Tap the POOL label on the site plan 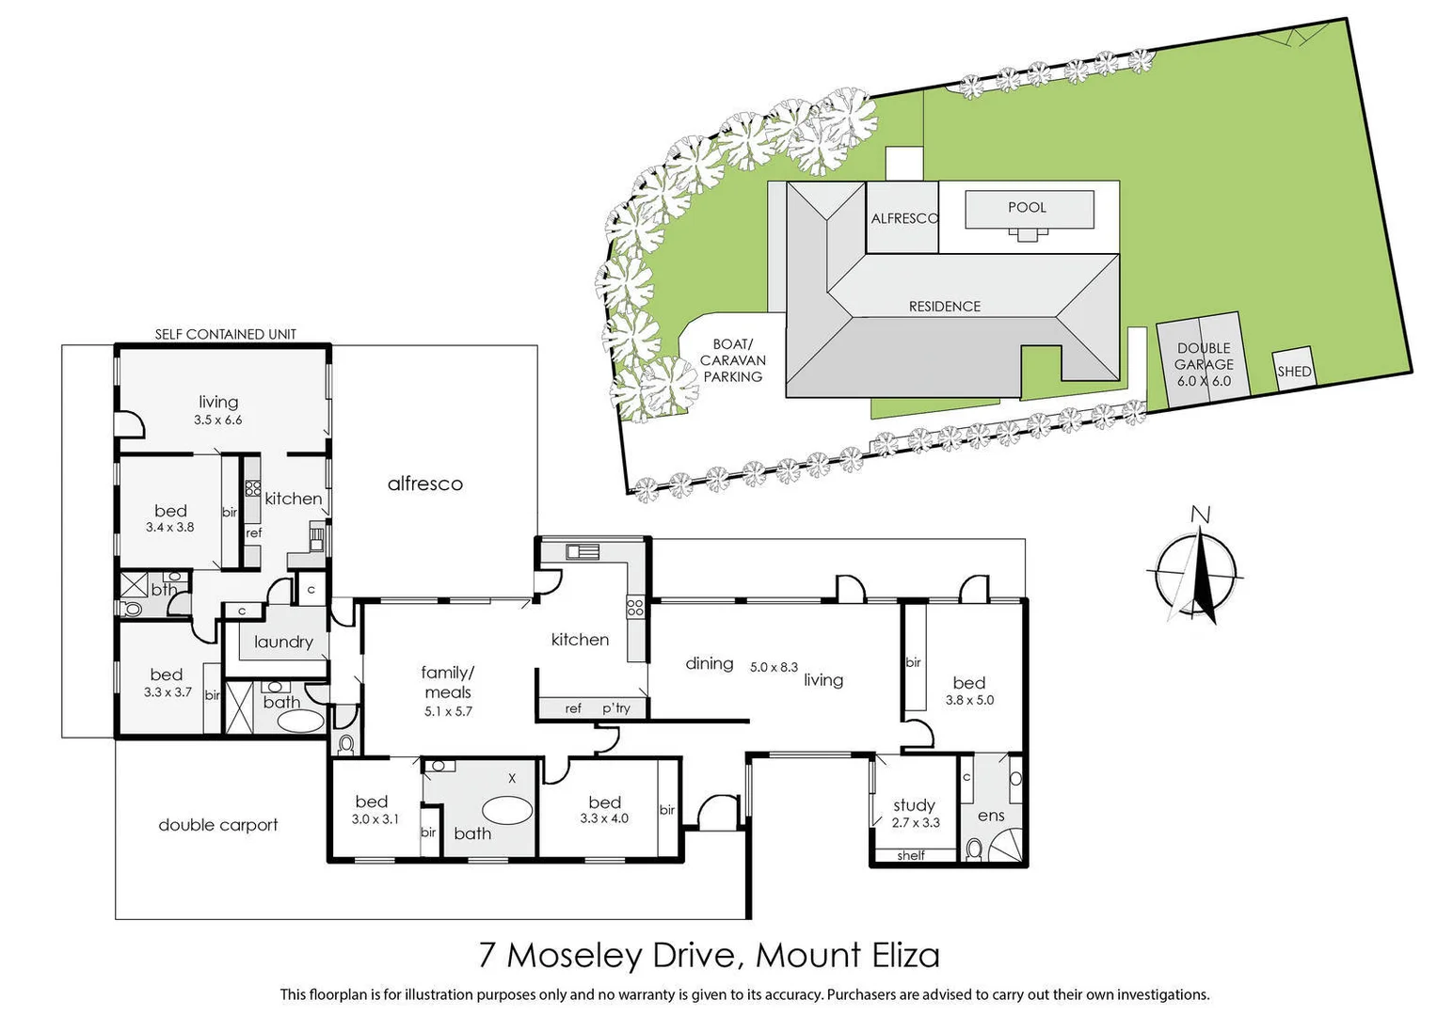(x=1027, y=208)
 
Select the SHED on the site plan (x=1294, y=371)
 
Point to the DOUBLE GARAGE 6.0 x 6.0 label (x=1205, y=364)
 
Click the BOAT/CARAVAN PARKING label (x=732, y=360)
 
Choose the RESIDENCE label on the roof (x=944, y=307)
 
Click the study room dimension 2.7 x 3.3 (x=916, y=822)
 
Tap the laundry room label (x=283, y=642)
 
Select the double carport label (x=218, y=825)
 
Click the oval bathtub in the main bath (x=507, y=809)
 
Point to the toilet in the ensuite (x=974, y=849)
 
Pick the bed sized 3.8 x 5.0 (x=969, y=691)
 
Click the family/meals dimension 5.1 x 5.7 (x=448, y=711)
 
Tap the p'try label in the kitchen (x=615, y=708)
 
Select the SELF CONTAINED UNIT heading (x=225, y=334)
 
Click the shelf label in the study (x=911, y=855)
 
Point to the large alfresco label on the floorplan (x=424, y=484)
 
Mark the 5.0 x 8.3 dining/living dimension (x=774, y=667)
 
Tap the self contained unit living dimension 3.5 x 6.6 (x=218, y=421)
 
